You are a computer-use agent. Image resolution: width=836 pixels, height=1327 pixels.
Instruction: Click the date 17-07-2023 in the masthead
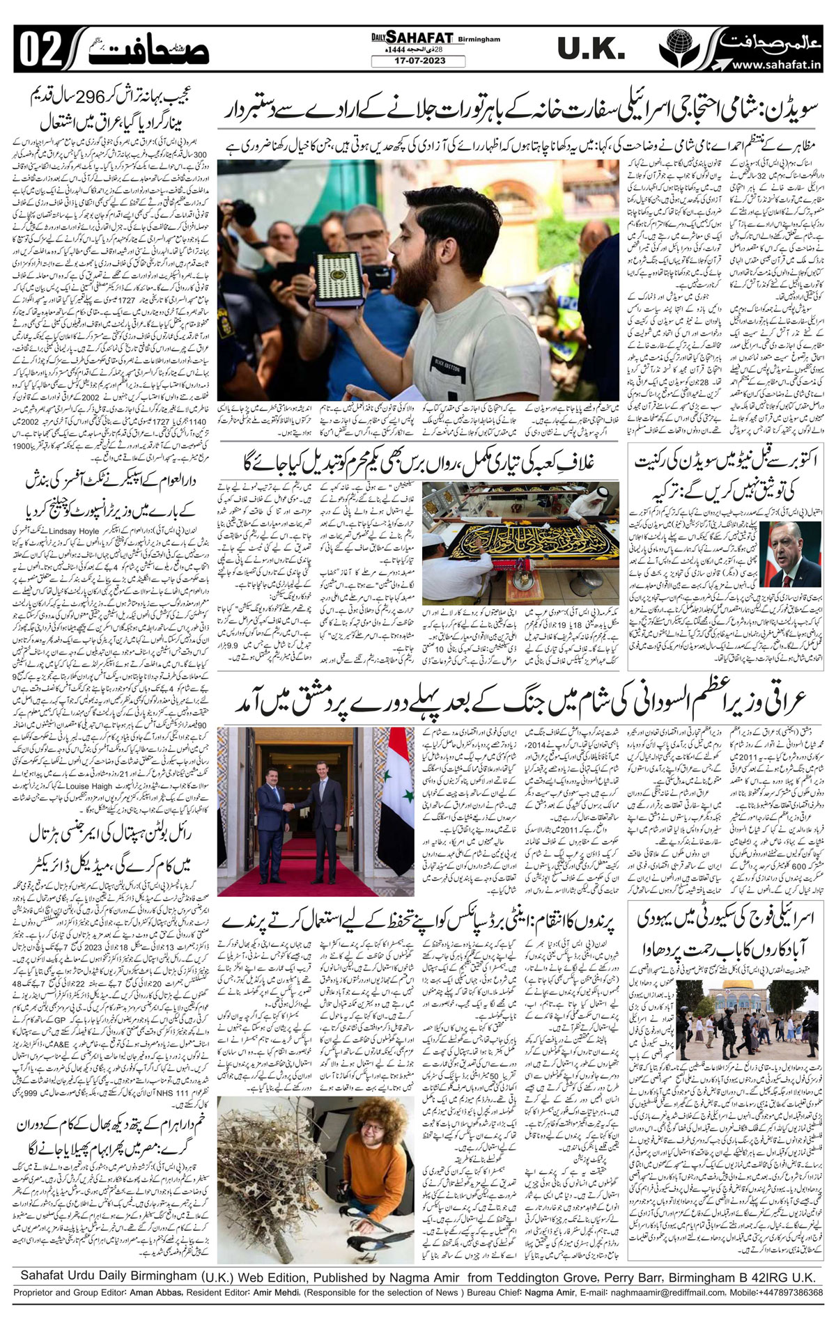tap(417, 61)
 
